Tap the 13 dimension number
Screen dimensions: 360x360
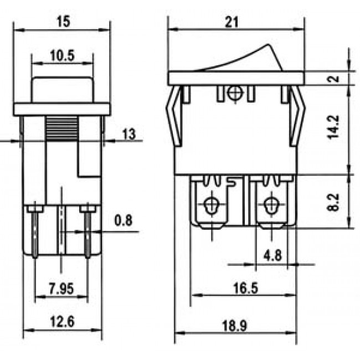[129, 134]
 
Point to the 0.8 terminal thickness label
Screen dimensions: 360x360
[123, 220]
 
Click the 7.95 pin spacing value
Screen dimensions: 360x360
[61, 289]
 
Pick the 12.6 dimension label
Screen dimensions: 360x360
[62, 322]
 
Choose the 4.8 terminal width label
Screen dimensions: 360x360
[271, 255]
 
